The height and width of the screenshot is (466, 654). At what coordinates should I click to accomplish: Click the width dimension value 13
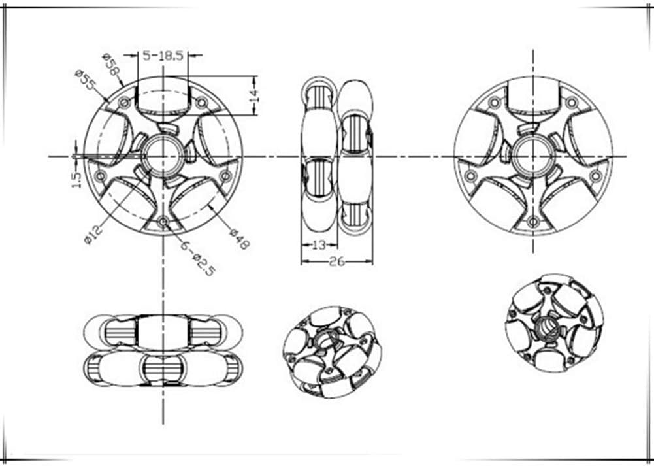click(x=318, y=246)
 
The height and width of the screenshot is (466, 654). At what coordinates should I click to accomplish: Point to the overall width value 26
click(x=337, y=261)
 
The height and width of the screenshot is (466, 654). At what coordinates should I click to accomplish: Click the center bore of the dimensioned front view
click(x=163, y=156)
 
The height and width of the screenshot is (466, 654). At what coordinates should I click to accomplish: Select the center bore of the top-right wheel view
click(x=533, y=156)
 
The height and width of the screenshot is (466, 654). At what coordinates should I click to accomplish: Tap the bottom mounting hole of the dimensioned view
click(x=163, y=222)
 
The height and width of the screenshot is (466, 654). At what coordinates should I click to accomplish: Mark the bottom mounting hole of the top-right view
click(x=533, y=222)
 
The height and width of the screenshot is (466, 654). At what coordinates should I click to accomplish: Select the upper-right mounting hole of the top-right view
click(x=572, y=103)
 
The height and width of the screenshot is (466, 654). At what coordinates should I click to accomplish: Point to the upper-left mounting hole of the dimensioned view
click(x=124, y=103)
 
